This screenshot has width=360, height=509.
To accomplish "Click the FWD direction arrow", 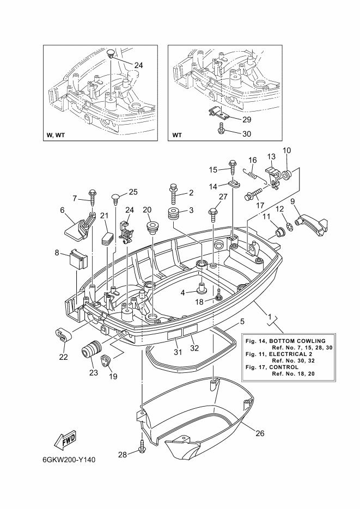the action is pyautogui.click(x=65, y=441).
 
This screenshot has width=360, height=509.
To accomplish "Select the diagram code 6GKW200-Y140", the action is pyautogui.click(x=69, y=460).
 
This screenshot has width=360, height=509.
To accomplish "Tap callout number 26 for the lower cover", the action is pyautogui.click(x=260, y=433).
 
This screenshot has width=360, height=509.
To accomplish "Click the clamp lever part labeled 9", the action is pyautogui.click(x=313, y=225).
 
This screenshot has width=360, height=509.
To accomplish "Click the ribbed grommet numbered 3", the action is pyautogui.click(x=175, y=213).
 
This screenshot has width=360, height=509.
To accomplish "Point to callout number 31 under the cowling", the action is pyautogui.click(x=178, y=352).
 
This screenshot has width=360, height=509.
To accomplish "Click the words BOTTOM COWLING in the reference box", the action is pyautogui.click(x=297, y=341).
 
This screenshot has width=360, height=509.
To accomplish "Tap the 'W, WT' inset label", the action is pyautogui.click(x=56, y=135).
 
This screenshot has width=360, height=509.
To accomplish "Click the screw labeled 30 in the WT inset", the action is pyautogui.click(x=221, y=127).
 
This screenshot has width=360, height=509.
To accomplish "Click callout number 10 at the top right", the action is pyautogui.click(x=286, y=150).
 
